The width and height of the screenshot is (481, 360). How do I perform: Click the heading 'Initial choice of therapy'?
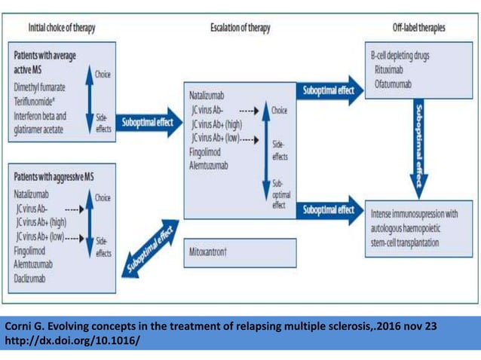tap(63, 28)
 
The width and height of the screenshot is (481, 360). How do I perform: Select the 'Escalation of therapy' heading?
tap(240, 28)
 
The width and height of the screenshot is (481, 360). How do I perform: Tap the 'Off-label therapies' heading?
tap(418, 28)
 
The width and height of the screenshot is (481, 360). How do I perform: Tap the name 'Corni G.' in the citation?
tap(24, 327)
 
